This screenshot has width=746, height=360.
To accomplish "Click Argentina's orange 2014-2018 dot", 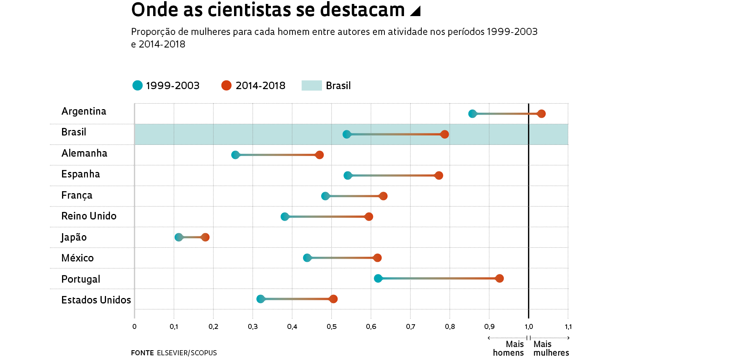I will click(541, 114).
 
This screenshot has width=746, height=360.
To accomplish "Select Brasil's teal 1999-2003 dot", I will click(347, 134).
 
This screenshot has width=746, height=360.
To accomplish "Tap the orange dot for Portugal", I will click(499, 278).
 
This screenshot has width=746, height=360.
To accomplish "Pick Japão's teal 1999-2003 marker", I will click(179, 237).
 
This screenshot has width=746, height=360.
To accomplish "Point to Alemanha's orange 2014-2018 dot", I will click(320, 155).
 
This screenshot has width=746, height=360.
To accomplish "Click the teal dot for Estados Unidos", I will click(260, 299).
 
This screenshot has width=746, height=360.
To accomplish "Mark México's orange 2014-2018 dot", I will click(377, 258).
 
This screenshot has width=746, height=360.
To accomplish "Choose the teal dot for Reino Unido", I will click(285, 217).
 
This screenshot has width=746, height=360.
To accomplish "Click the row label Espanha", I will click(80, 174).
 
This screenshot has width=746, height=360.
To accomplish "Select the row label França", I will click(77, 195).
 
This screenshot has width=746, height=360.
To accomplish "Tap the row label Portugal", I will click(80, 279).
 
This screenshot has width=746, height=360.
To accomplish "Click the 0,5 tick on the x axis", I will click(331, 327).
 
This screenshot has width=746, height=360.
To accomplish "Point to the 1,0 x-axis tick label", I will click(528, 327).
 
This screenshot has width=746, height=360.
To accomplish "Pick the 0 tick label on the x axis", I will click(134, 327).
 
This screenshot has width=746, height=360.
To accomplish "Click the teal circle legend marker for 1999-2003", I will click(137, 86).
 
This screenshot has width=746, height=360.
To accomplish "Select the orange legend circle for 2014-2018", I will click(226, 86).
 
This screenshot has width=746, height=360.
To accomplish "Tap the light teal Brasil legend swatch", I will click(311, 86).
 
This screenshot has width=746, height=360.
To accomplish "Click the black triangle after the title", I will click(415, 11).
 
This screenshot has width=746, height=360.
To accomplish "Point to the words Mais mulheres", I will click(551, 348).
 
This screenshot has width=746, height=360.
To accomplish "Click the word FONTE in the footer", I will click(142, 353).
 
